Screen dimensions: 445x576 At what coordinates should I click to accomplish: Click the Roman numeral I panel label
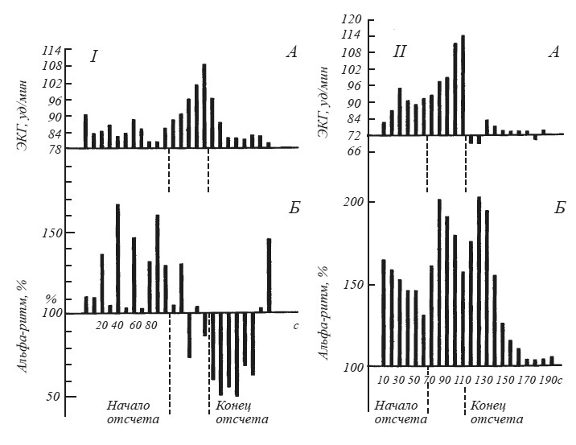[x=94, y=57]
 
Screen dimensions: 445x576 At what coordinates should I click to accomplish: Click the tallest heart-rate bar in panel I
[x=204, y=105]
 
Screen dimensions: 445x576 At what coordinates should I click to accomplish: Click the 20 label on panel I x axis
[x=101, y=326]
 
